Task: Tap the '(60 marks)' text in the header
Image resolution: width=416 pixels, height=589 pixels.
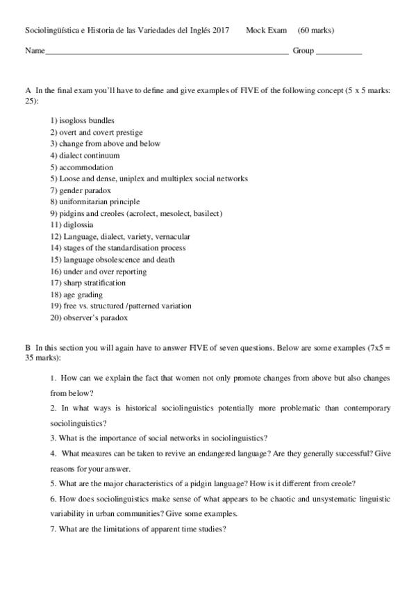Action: pyautogui.click(x=315, y=31)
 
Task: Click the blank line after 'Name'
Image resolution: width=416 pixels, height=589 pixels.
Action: pyautogui.click(x=167, y=52)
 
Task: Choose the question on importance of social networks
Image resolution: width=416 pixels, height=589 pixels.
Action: pyautogui.click(x=159, y=438)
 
